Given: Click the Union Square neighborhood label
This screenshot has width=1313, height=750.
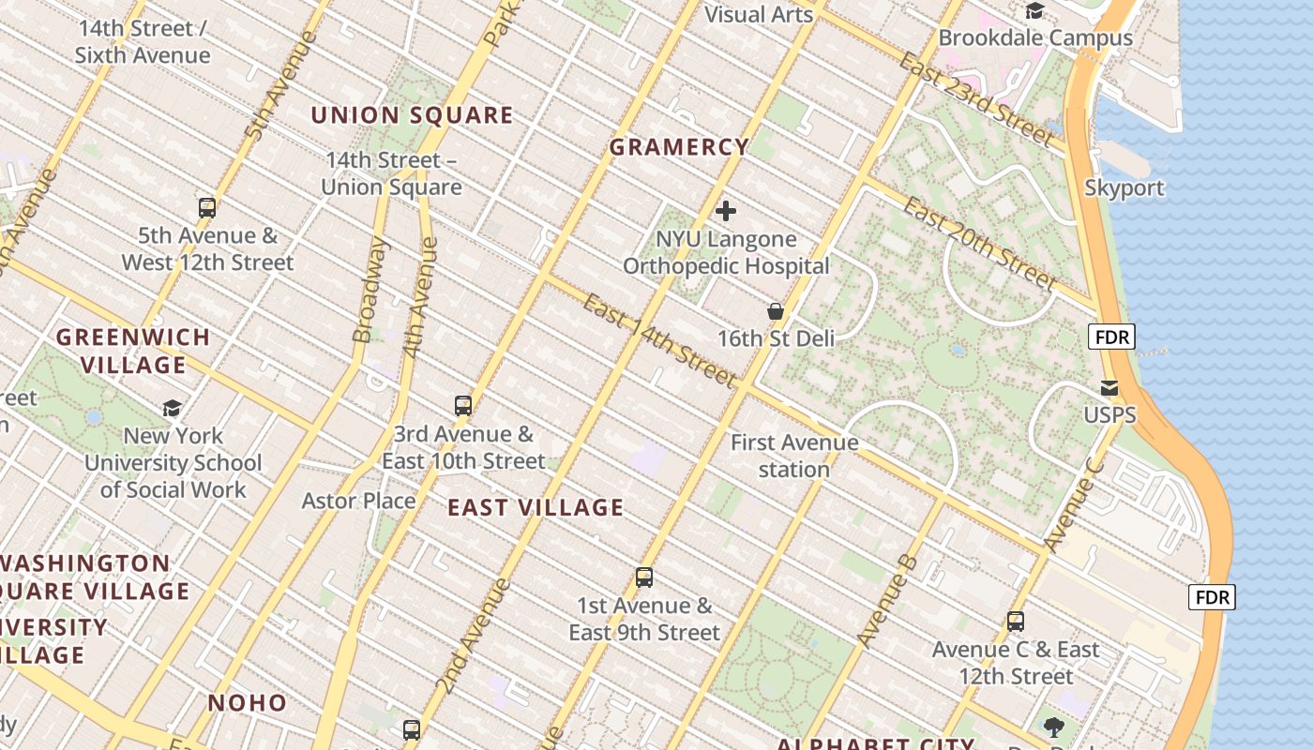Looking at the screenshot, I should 412,115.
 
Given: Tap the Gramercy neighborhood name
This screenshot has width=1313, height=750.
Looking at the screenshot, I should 679,147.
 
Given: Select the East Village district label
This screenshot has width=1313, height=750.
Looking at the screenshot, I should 536,507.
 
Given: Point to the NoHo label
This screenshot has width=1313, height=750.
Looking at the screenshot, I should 248,702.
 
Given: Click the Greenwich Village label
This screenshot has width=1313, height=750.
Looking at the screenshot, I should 133,351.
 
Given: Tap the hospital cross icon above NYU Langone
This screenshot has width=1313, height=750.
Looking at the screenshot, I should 726,211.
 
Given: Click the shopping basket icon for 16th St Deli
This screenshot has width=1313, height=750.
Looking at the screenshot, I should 776,311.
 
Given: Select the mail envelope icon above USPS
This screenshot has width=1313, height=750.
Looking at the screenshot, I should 1109,388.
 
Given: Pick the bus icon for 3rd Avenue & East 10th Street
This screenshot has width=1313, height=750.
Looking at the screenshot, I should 463,406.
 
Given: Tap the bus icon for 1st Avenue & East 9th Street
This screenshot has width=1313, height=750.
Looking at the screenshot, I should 644,577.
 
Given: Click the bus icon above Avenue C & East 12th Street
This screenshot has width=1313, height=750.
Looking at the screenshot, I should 1016,621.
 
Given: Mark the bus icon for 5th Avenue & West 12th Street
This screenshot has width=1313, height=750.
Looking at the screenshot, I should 207,208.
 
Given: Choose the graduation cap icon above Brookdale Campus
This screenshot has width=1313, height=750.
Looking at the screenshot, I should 1035,11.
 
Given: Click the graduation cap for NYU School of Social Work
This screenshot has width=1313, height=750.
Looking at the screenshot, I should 173,408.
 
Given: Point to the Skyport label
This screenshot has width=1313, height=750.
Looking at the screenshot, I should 1124,187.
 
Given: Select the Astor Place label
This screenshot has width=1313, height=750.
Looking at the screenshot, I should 358,501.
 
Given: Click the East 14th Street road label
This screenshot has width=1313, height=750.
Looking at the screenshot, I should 659,340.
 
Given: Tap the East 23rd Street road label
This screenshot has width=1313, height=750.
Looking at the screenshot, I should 975,97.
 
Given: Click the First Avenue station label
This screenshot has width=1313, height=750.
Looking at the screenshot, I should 794,456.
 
